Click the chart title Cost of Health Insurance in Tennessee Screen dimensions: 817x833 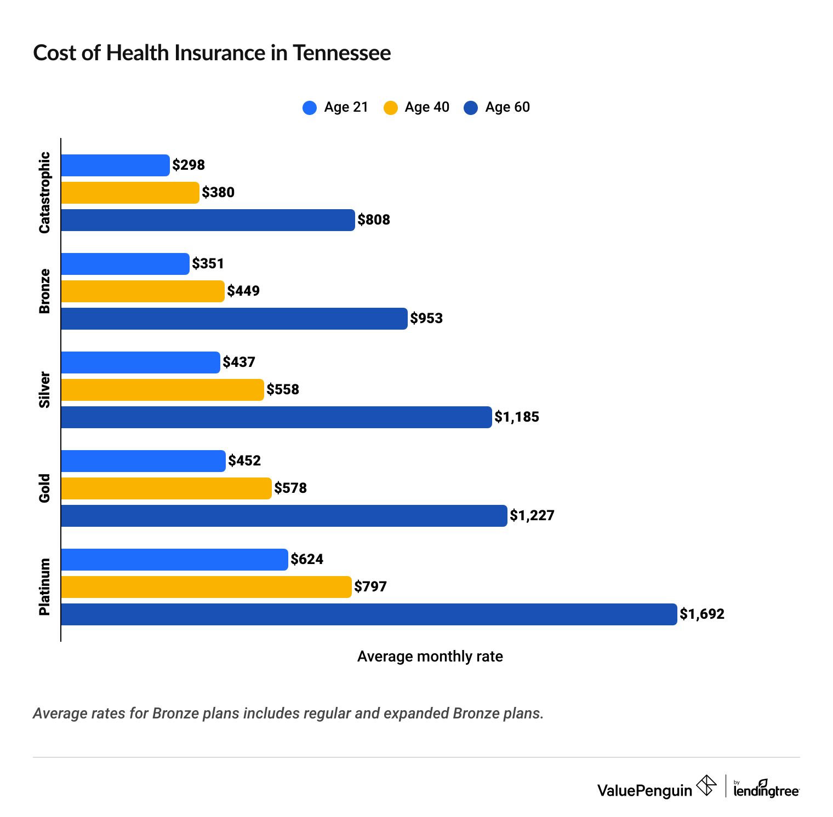[x=212, y=53]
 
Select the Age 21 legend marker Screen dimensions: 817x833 [x=310, y=107]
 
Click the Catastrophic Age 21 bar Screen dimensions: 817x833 [x=115, y=165]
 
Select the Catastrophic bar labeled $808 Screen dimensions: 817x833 [x=208, y=220]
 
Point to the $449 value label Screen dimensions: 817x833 [x=243, y=291]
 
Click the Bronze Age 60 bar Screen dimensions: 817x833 [x=234, y=319]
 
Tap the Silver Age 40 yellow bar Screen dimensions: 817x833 [x=162, y=390]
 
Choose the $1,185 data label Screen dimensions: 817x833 [x=517, y=417]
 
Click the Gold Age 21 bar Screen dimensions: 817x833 [x=143, y=461]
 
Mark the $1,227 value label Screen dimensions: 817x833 [x=532, y=515]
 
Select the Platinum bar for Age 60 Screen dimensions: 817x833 [x=369, y=614]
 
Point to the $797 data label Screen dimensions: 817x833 [x=370, y=586]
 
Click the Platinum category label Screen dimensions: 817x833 [x=44, y=587]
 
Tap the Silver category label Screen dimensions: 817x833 [x=44, y=390]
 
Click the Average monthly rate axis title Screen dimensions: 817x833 [x=430, y=657]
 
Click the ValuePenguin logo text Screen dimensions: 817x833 [x=644, y=790]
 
